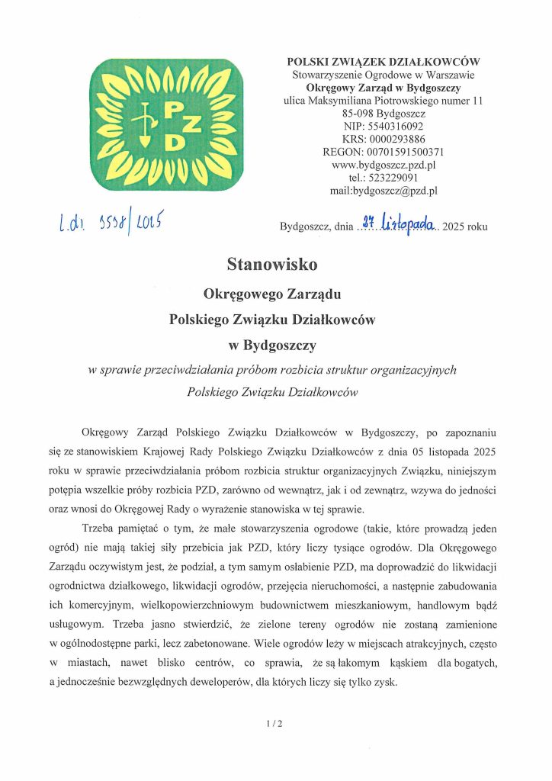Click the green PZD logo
[165, 124]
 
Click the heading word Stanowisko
[271, 265]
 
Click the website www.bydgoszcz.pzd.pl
[384, 165]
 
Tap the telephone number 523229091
[396, 178]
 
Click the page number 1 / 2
[275, 724]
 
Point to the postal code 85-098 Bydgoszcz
[384, 113]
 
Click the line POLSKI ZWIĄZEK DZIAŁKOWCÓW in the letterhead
[384, 62]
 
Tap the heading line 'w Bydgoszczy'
[271, 346]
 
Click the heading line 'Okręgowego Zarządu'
[271, 293]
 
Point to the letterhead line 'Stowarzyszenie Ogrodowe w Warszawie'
[384, 75]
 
